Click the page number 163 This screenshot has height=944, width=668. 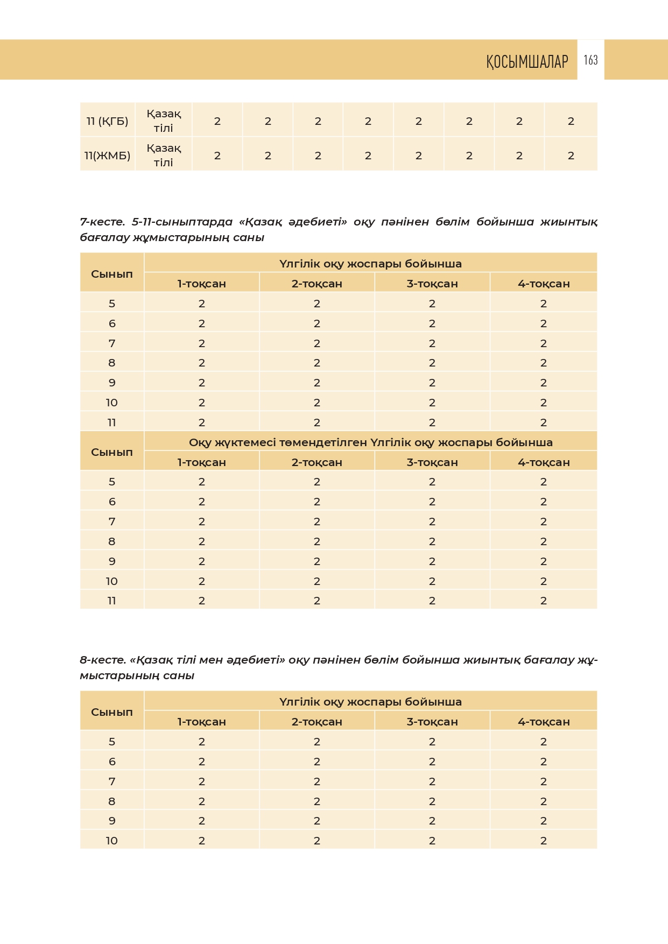(590, 60)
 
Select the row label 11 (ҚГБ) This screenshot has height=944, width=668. (107, 121)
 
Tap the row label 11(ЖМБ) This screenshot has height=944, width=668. (107, 156)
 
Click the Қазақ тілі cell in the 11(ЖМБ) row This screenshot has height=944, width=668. (164, 155)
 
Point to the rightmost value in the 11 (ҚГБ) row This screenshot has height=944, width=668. (571, 121)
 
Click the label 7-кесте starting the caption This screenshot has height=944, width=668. (102, 222)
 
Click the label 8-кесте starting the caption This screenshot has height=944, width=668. (102, 660)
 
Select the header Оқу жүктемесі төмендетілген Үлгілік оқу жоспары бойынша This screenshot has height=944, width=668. (370, 442)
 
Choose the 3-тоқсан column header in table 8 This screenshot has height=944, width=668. (432, 722)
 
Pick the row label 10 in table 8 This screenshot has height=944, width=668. (111, 841)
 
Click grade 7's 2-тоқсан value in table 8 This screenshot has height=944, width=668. (317, 781)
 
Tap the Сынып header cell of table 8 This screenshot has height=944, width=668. (111, 712)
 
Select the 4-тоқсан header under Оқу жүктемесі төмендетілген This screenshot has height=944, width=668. (544, 462)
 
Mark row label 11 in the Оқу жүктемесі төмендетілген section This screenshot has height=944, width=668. (111, 601)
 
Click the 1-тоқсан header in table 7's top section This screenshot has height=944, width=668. (202, 284)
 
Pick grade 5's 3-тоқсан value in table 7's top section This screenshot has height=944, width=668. (432, 304)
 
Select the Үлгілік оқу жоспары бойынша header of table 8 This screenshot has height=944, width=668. (370, 702)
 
